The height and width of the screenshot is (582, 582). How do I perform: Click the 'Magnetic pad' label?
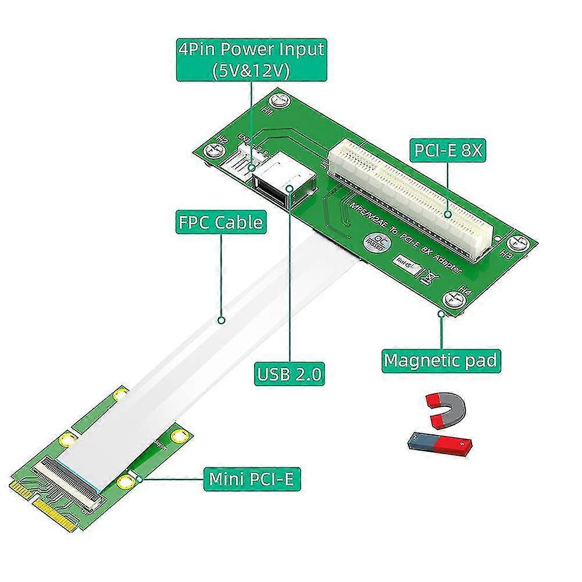pyautogui.click(x=440, y=360)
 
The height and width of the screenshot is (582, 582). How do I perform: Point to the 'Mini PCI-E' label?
pyautogui.click(x=252, y=480)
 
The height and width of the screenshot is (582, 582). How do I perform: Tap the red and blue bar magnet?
pyautogui.click(x=442, y=445)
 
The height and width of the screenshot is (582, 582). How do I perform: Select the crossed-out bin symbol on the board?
pyautogui.click(x=429, y=276)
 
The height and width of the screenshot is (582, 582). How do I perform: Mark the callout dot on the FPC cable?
pyautogui.click(x=221, y=319)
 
